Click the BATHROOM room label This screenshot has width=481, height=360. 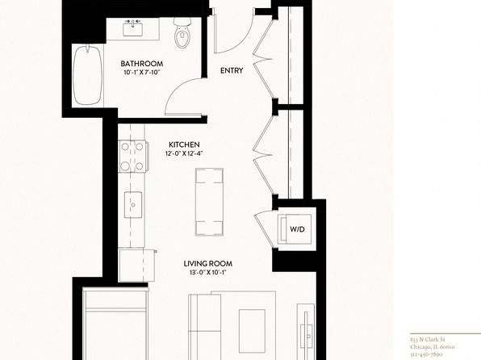click(x=142, y=64)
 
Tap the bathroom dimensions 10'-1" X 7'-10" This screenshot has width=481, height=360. click(x=142, y=73)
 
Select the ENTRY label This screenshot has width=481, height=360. click(x=232, y=70)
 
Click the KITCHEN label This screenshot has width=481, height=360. click(x=184, y=144)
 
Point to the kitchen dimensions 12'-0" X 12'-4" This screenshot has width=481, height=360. click(x=184, y=153)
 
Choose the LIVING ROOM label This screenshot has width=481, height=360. click(x=208, y=264)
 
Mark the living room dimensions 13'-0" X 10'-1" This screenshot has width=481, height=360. click(x=208, y=272)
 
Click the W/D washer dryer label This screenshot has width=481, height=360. click(x=298, y=229)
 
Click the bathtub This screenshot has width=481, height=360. click(x=88, y=75)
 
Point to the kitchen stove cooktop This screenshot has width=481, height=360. click(x=132, y=157)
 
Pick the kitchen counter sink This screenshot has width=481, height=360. click(x=133, y=205)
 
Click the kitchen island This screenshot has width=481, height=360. click(x=209, y=202)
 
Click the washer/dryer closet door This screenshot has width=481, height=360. click(x=263, y=228)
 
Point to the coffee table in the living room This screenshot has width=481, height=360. click(x=252, y=331)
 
